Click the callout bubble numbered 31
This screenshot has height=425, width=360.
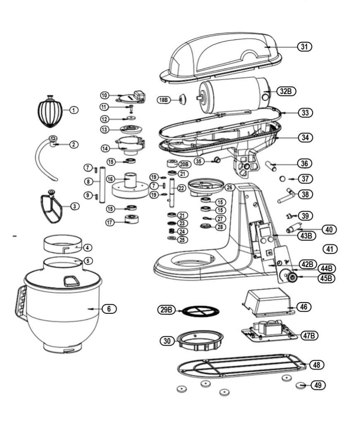305,47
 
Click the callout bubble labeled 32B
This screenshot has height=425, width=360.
286,91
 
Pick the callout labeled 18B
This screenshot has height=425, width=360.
164,100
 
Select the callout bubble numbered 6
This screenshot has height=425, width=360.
109,308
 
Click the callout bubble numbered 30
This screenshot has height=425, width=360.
167,341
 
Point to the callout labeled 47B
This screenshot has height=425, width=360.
309,336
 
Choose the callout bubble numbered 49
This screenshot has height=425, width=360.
318,385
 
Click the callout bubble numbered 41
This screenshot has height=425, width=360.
330,249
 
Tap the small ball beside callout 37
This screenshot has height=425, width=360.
283,179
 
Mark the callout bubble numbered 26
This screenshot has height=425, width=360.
230,188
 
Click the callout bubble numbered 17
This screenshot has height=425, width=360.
110,223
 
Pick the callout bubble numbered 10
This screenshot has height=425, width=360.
105,95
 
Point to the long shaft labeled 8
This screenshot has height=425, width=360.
103,185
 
